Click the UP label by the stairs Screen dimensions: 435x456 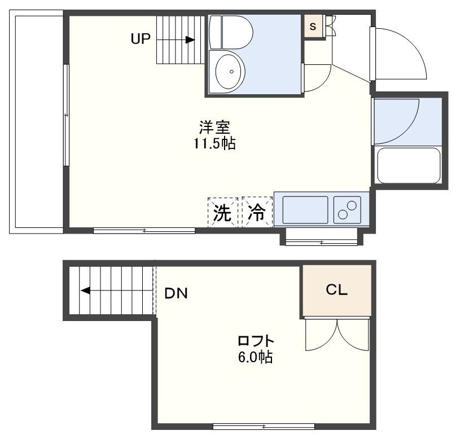click(141, 39)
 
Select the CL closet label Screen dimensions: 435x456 click(336, 291)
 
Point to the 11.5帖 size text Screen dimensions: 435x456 click(214, 144)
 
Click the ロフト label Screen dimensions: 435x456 click(256, 341)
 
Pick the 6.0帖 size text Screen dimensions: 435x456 click(256, 357)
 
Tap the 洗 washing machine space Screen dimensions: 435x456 click(223, 212)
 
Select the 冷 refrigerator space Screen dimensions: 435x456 click(257, 212)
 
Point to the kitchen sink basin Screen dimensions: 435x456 click(305, 209)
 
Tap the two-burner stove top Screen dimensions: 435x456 click(348, 209)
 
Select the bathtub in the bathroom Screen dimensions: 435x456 click(408, 166)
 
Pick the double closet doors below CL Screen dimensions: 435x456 click(337, 336)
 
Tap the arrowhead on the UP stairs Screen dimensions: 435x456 click(190, 39)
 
